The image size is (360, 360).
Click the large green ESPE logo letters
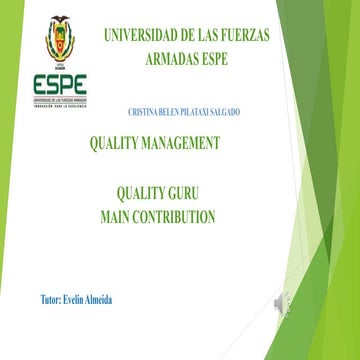tap(59, 84)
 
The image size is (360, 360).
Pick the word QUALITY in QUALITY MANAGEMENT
tap(117, 143)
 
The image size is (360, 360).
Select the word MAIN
tap(121, 216)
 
